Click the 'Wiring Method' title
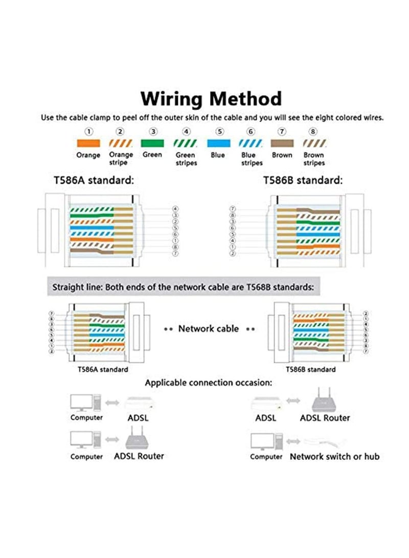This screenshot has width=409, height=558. (x=211, y=98)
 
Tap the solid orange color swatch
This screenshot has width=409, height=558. (x=88, y=143)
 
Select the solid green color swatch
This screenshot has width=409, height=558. (x=152, y=143)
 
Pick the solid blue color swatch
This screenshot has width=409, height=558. (x=217, y=143)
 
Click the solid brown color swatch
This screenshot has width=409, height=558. (x=282, y=143)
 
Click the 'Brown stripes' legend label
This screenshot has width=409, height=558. (x=314, y=159)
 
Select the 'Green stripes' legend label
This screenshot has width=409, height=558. (x=186, y=159)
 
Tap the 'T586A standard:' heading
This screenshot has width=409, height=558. (x=94, y=180)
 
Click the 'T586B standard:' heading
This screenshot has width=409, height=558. (x=303, y=180)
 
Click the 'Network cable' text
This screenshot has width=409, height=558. (x=208, y=328)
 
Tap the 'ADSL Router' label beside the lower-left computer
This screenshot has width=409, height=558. (x=139, y=456)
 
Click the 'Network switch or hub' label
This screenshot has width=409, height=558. (x=334, y=456)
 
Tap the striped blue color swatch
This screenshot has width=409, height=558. (x=249, y=143)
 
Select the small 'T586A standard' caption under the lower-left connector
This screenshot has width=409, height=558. (x=103, y=369)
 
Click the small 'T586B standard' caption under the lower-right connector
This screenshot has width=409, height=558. (x=310, y=369)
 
